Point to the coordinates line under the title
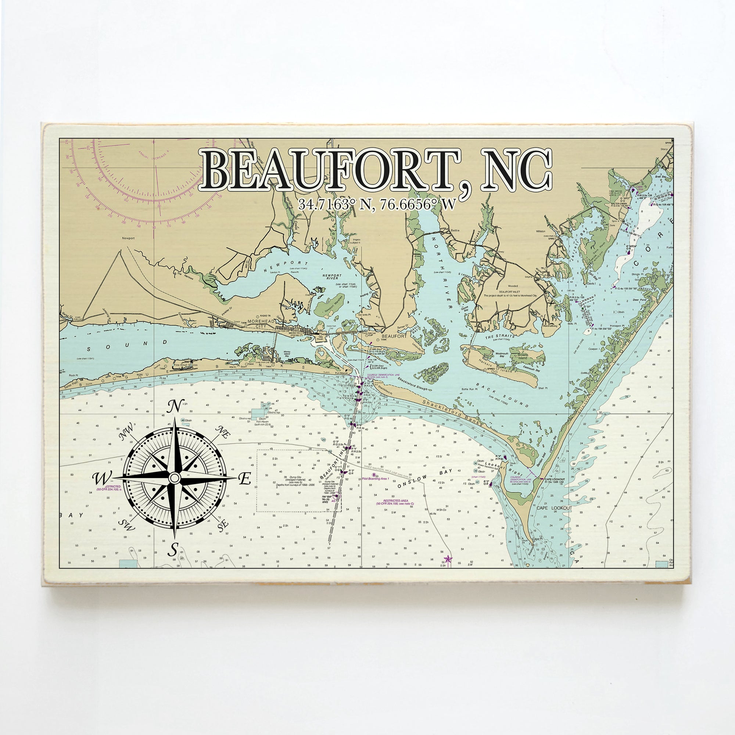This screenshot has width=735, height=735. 376,204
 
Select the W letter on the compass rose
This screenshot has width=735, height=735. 102,478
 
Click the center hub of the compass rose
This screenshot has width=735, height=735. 174,477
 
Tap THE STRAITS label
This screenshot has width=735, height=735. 499,337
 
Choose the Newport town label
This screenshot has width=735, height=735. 128,239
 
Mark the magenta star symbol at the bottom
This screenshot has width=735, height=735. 448,559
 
